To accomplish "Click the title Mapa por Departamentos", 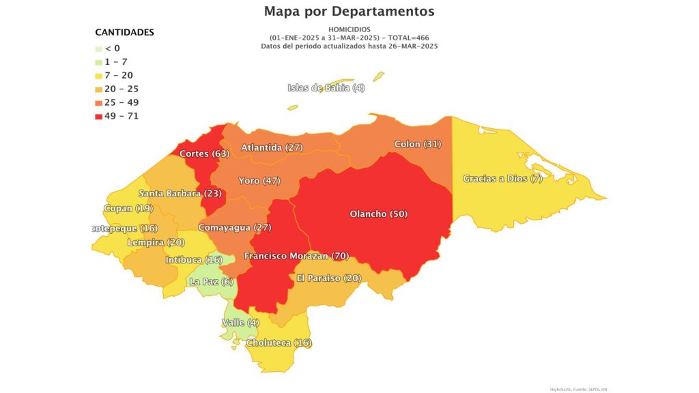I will click(x=349, y=12).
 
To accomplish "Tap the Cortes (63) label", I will click(x=204, y=154).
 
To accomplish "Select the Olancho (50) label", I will click(x=378, y=214).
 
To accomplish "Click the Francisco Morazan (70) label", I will click(x=296, y=256).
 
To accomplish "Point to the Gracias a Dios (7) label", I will click(x=502, y=179).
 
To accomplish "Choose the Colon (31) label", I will click(x=418, y=144).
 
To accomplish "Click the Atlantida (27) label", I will click(x=272, y=147).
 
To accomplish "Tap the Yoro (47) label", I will click(x=259, y=181).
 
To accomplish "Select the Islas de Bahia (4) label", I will click(x=326, y=87).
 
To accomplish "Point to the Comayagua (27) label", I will click(x=234, y=227).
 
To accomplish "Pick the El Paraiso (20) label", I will click(x=329, y=278).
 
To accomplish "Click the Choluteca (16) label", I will click(x=279, y=343).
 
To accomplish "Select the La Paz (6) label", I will click(x=211, y=282).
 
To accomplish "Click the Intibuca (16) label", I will click(x=194, y=260).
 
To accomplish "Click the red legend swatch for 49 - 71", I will click(x=99, y=116).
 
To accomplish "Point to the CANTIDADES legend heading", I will click(x=124, y=32).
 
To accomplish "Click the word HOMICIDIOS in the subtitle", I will click(x=349, y=30).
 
